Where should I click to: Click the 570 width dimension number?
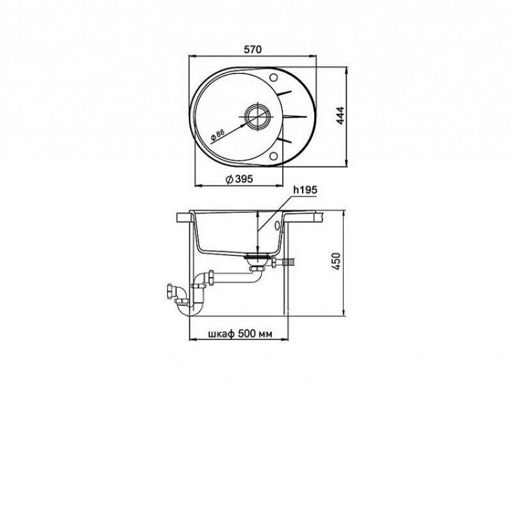click(x=253, y=49)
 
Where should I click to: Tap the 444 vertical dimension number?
click(x=340, y=116)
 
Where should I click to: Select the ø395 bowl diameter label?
click(x=239, y=179)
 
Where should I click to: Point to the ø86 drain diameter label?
click(x=218, y=134)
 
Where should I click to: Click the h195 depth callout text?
click(x=305, y=189)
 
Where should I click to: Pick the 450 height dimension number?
click(x=337, y=261)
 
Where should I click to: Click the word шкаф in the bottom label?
click(x=221, y=333)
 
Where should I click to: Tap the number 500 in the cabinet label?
click(x=247, y=333)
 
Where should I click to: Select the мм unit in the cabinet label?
click(x=266, y=334)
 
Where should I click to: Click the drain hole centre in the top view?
click(x=258, y=116)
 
